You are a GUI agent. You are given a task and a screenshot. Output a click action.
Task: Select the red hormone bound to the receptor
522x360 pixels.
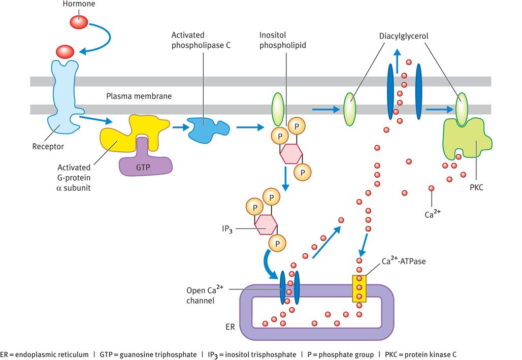(x=65, y=51)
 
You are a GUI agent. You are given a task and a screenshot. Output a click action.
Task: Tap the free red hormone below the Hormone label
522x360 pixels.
(x=79, y=22)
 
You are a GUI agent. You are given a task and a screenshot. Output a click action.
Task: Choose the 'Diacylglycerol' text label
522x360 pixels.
(x=403, y=37)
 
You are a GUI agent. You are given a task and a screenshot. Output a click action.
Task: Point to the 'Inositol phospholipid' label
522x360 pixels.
(x=283, y=40)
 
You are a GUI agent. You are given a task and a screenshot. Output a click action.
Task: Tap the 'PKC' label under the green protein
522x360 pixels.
(x=476, y=188)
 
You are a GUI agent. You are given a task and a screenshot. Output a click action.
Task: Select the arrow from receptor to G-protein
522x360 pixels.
(x=95, y=120)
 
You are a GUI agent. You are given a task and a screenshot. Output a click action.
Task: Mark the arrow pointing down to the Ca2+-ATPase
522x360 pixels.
(x=364, y=241)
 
